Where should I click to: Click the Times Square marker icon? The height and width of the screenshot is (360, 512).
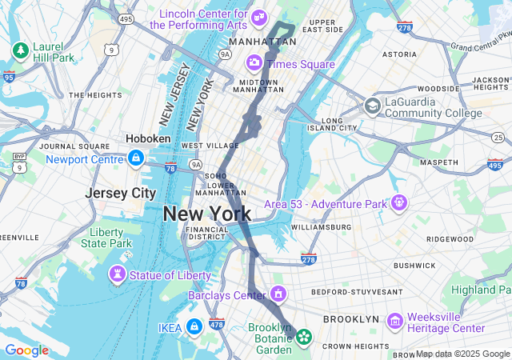[254, 62]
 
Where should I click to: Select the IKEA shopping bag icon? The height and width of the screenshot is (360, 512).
[194, 326]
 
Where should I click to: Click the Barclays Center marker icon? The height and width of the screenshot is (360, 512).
[278, 295]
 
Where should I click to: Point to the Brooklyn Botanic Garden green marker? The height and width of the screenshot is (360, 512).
[304, 338]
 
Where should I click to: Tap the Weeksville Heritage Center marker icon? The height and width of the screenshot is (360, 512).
[394, 321]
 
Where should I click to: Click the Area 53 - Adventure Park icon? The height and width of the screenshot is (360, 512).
[398, 202]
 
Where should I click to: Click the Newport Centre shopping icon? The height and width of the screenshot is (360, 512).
[136, 158]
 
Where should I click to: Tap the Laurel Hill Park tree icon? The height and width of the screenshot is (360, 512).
[20, 50]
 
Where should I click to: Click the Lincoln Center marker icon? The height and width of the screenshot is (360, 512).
[258, 17]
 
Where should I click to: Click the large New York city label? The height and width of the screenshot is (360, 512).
[207, 214]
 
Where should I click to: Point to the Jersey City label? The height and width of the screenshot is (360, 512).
[121, 193]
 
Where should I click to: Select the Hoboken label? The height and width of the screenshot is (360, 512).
[148, 138]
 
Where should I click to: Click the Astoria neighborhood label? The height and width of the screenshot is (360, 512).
[399, 54]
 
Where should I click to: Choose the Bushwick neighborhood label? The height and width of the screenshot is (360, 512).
[414, 265]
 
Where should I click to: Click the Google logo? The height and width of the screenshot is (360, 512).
[26, 350]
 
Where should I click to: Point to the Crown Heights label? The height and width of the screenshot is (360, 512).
[354, 346]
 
